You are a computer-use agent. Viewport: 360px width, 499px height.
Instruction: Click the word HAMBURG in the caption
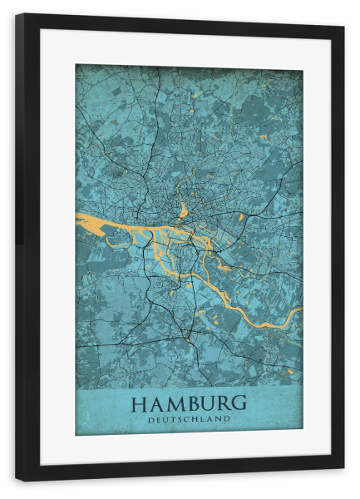[x=189, y=403]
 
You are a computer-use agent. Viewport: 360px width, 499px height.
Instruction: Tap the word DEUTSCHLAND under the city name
[x=189, y=420]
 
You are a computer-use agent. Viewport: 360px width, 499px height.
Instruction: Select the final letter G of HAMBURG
[x=239, y=403]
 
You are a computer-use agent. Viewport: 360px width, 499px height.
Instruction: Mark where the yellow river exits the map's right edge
[x=300, y=311]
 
